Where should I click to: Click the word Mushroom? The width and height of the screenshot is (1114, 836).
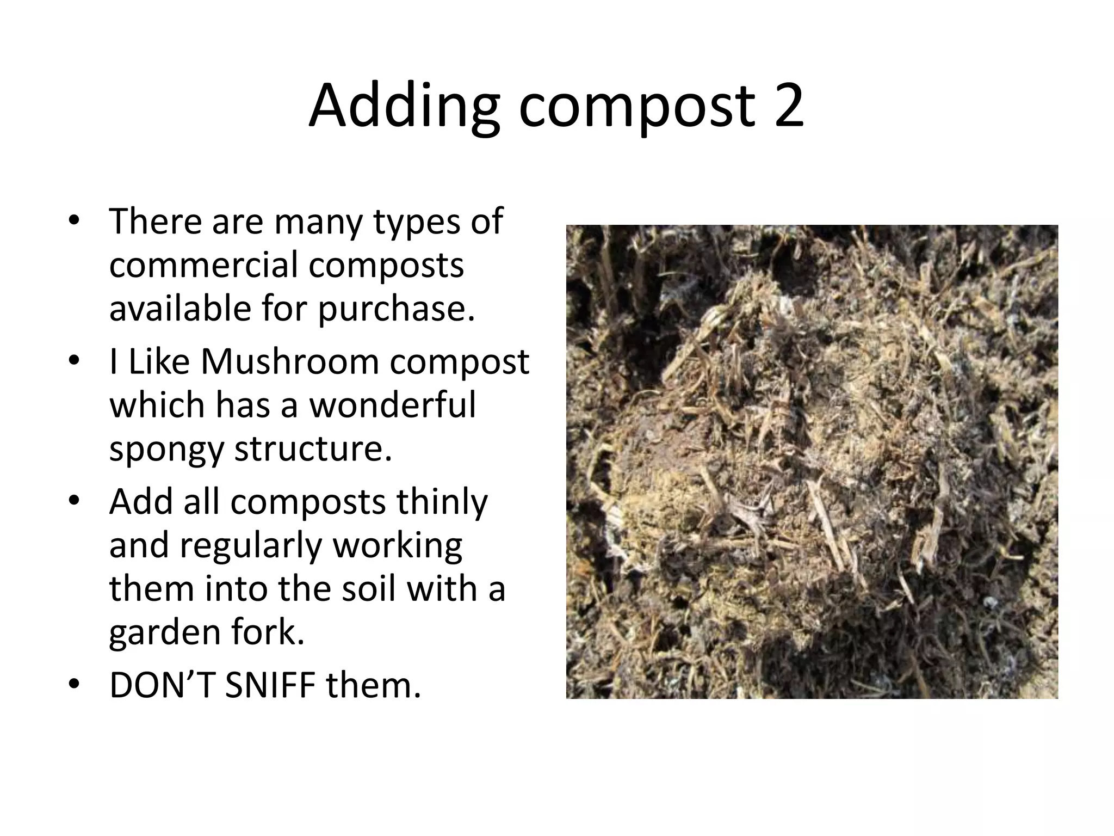pos(290,361)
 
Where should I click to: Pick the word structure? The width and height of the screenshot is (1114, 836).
pos(313,448)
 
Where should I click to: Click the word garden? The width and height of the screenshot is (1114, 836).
pos(165,634)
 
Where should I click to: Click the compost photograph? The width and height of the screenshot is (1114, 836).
pos(812,462)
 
